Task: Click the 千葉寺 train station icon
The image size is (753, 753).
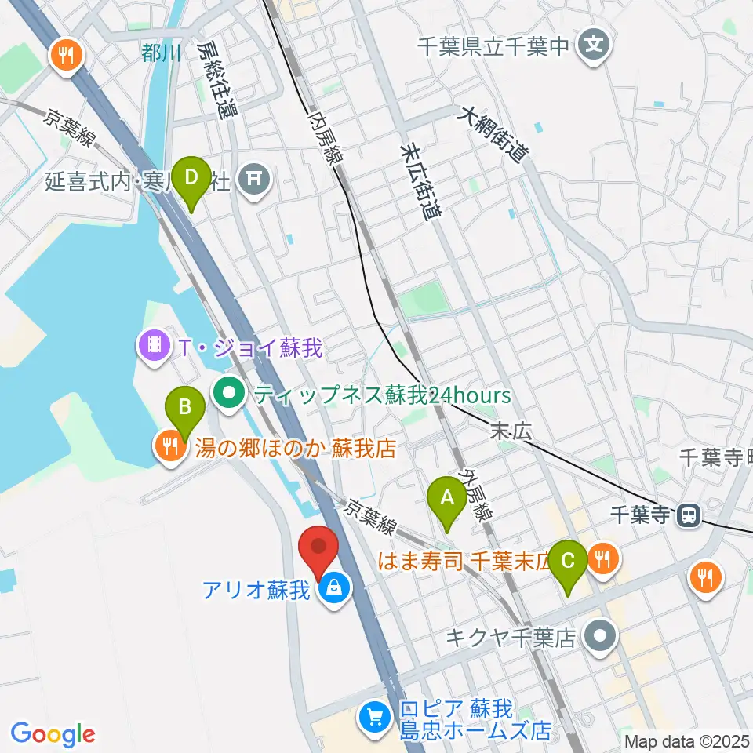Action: tap(689, 515)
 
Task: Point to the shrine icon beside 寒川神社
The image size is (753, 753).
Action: tap(254, 180)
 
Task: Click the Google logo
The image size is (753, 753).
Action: tap(53, 734)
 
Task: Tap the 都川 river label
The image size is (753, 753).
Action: tap(162, 53)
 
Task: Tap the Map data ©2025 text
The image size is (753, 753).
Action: tap(687, 740)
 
